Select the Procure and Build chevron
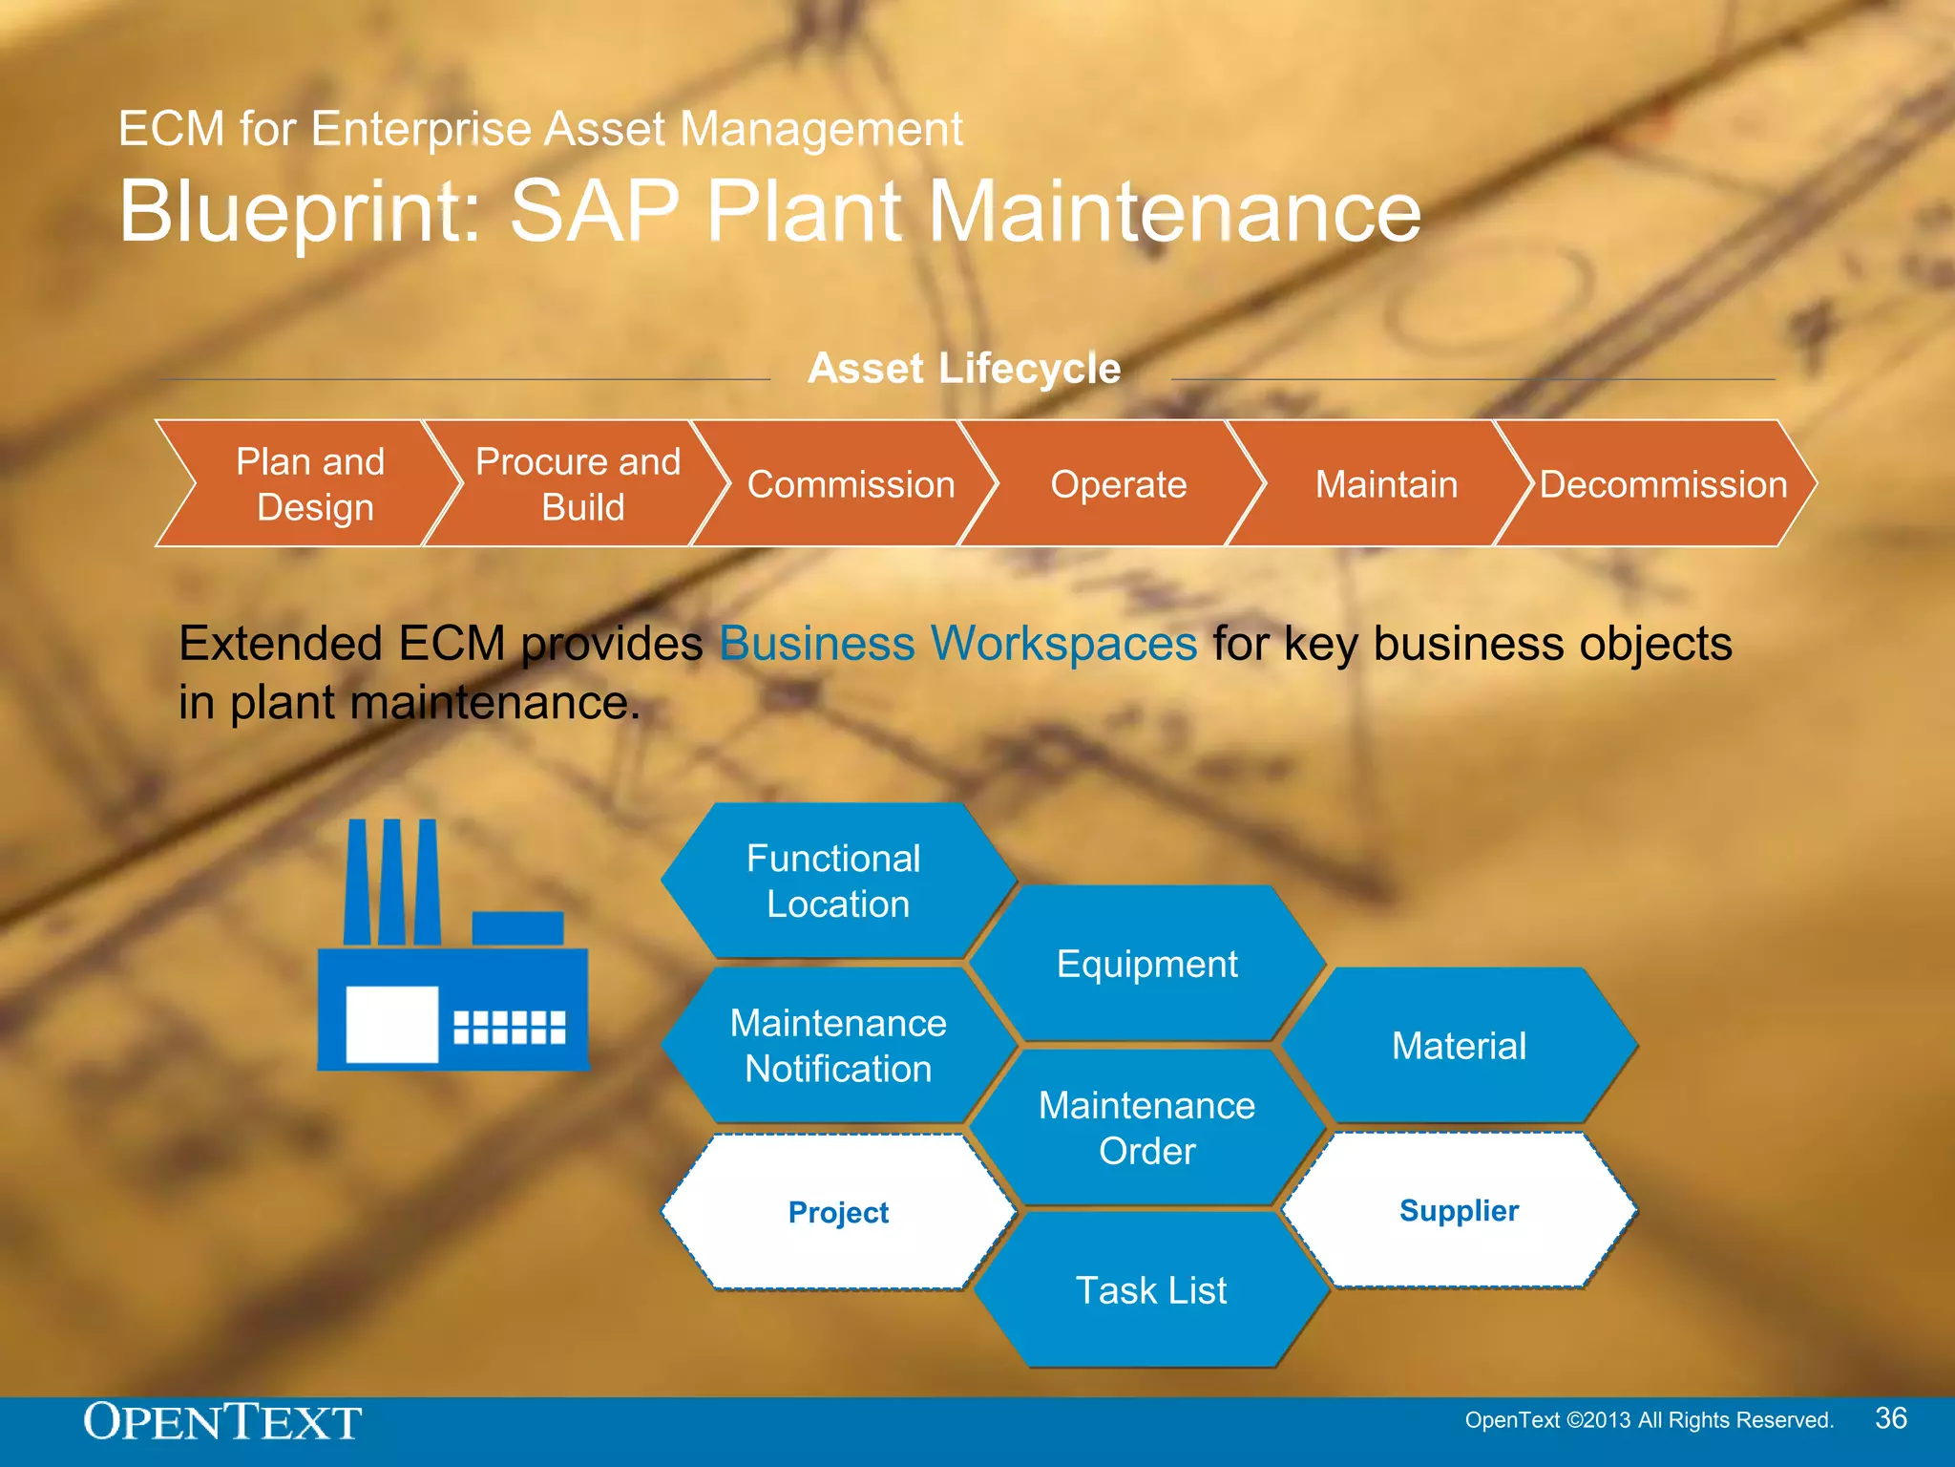(x=578, y=484)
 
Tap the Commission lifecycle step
(x=850, y=484)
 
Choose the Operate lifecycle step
(x=1118, y=484)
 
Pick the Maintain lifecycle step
(x=1386, y=484)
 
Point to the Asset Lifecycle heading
(x=964, y=369)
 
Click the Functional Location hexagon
(x=836, y=881)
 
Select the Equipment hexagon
(x=1146, y=964)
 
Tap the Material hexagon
(x=1459, y=1046)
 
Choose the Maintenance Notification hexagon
(x=838, y=1046)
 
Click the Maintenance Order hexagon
(x=1146, y=1128)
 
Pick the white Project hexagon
(x=838, y=1212)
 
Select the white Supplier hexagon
(x=1459, y=1210)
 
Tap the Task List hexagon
(x=1150, y=1290)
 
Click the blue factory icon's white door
(x=391, y=1025)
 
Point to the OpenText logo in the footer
(x=222, y=1422)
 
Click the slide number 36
(x=1890, y=1418)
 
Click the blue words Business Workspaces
(x=957, y=644)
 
